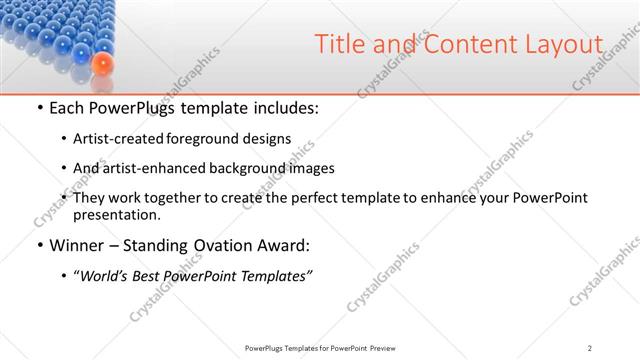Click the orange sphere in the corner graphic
click(x=102, y=65)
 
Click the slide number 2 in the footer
click(x=590, y=348)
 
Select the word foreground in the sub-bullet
click(x=204, y=138)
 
